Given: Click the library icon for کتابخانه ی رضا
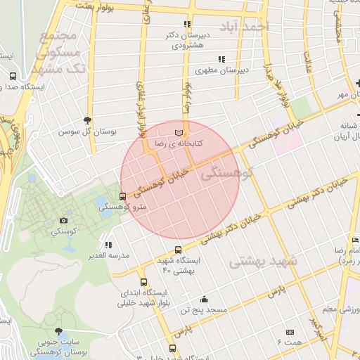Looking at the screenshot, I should point(178,131).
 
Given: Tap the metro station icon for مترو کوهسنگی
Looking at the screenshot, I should point(123,196).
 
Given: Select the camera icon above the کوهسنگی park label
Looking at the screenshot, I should point(64,221).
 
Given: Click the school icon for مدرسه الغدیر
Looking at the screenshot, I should point(108,245).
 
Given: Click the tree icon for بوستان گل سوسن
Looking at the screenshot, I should point(87,120).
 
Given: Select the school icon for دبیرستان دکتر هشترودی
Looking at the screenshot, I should point(186,23).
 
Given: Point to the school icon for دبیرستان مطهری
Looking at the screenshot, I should point(221,59).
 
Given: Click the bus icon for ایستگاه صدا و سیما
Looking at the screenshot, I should point(12,76).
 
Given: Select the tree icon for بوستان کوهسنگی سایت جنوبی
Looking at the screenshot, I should point(58,331).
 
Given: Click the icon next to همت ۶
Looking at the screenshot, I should point(290,332).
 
